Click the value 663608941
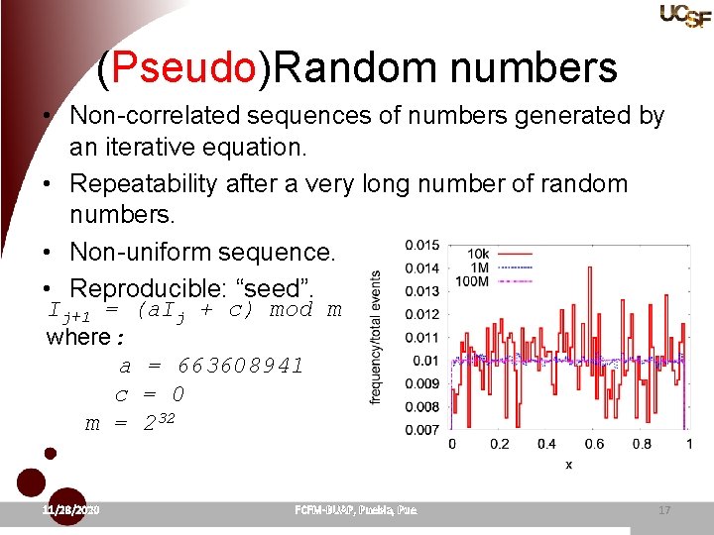[x=240, y=366]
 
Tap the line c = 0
[x=150, y=394]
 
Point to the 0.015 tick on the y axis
[x=422, y=245]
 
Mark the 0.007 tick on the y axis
[x=422, y=428]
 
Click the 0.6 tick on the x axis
[x=594, y=444]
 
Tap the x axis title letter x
[x=569, y=464]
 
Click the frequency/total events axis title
[x=376, y=338]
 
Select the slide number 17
[x=663, y=509]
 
